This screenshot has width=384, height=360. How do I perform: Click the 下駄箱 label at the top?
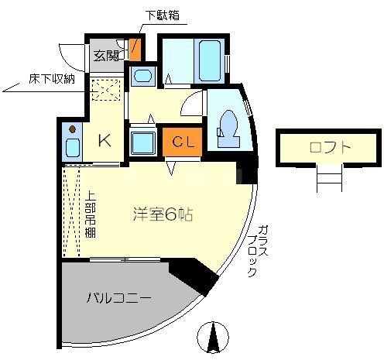(x=166, y=15)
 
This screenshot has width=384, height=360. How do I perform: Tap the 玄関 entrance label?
(x=106, y=55)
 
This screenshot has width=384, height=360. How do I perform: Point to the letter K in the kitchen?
(x=103, y=140)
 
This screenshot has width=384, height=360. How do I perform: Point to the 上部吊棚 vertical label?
(x=90, y=214)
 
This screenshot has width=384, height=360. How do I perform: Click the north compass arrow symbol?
(x=214, y=338)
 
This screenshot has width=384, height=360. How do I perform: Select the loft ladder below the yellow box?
(x=329, y=180)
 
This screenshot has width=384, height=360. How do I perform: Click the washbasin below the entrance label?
(x=142, y=77)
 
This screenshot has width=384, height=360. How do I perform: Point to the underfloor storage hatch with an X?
(x=105, y=91)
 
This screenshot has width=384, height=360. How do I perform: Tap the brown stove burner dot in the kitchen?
(x=71, y=129)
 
